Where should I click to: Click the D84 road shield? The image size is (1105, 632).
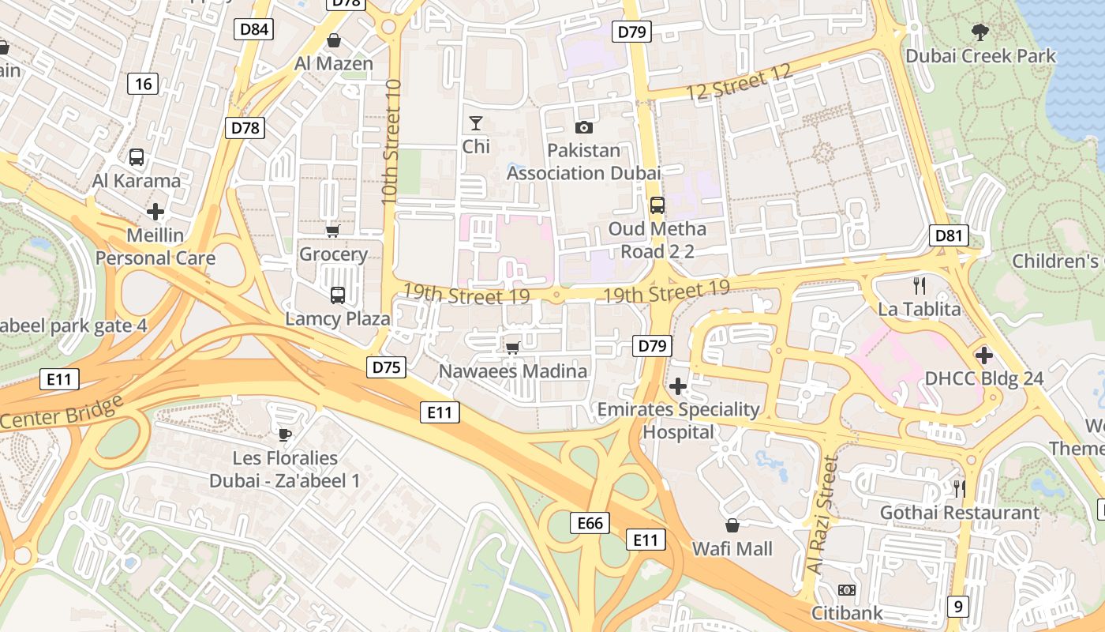coord(254,30)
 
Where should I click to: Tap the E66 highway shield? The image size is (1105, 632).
coord(590,522)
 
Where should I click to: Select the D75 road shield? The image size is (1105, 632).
coord(387,367)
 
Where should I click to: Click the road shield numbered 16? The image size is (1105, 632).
coord(144,84)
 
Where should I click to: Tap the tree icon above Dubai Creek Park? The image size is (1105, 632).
coord(980,32)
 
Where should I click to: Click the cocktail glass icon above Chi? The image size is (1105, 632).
coord(476,123)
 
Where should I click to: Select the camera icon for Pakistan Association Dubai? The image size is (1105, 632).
coord(583,127)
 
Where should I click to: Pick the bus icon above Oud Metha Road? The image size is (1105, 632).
coord(657,206)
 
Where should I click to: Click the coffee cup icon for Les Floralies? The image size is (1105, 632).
coord(285,434)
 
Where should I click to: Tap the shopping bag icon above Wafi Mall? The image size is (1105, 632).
coord(732,525)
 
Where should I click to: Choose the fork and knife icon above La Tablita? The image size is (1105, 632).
coord(919,285)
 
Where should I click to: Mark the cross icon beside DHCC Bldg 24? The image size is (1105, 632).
coord(983,355)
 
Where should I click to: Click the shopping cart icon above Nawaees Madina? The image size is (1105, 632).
coord(512,348)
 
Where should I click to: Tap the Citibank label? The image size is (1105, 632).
coord(847,613)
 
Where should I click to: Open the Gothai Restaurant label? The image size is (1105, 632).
coord(959,513)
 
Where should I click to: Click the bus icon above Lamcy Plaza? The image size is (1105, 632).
coord(338,295)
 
